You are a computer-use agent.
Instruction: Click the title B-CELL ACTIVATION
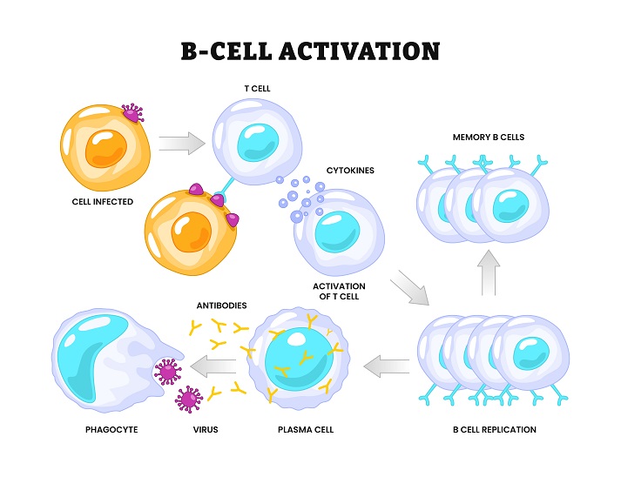click(310, 50)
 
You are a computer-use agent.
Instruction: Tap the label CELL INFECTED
click(102, 202)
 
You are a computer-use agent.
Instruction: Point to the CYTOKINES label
click(350, 171)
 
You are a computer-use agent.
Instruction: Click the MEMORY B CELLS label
click(489, 137)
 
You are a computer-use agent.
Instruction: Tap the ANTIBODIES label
click(221, 306)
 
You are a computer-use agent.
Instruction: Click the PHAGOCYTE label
click(112, 430)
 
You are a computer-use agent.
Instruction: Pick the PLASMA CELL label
click(305, 430)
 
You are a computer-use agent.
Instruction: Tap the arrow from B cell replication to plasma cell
click(386, 366)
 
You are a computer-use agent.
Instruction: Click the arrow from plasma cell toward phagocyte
click(213, 366)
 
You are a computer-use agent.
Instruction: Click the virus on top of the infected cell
click(132, 113)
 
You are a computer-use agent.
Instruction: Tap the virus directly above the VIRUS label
click(189, 400)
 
